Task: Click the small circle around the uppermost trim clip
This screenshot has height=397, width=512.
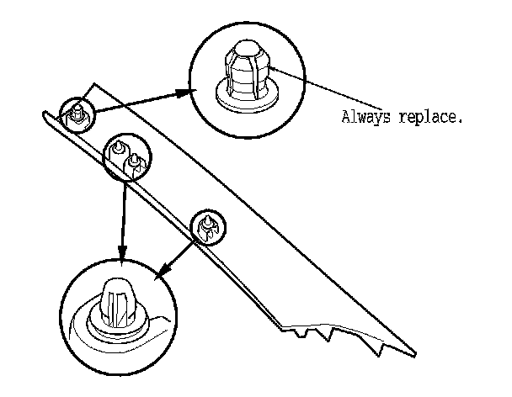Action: (76, 112)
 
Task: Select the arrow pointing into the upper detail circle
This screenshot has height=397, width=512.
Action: (143, 100)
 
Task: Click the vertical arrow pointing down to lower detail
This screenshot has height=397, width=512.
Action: (124, 219)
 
